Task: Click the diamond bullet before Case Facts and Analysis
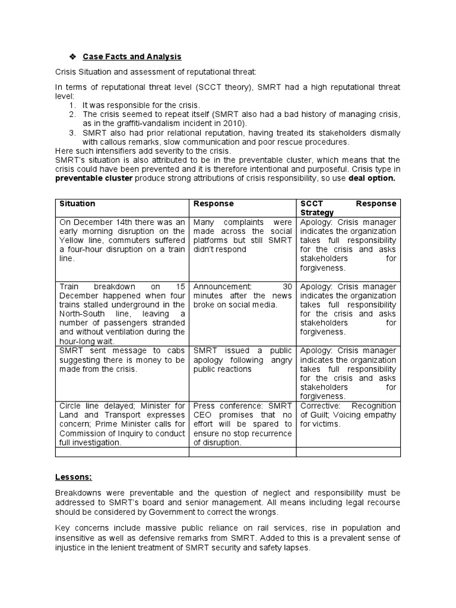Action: point(72,56)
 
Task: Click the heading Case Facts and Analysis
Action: point(132,56)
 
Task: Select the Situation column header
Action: point(77,204)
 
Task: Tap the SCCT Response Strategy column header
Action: point(349,208)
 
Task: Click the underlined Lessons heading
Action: point(72,476)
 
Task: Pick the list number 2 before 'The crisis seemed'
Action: point(72,113)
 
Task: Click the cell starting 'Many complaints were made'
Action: point(242,236)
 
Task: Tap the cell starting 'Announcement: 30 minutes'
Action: point(242,295)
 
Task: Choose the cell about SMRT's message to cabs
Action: point(122,360)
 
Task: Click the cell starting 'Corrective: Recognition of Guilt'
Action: point(349,414)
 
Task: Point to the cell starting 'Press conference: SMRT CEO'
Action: point(242,424)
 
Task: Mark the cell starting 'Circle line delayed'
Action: point(122,424)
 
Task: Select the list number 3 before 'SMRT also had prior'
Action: point(72,132)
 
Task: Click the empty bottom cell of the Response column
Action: point(242,452)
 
